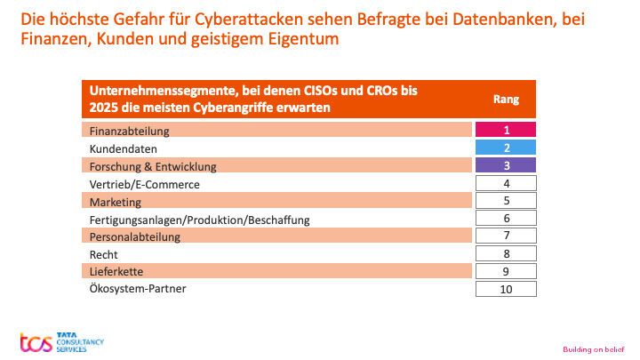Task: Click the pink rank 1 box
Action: (506, 131)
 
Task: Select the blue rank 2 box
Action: (506, 148)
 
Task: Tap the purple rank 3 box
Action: (506, 166)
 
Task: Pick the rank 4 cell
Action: (506, 184)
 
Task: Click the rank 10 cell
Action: (506, 289)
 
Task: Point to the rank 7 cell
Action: (506, 236)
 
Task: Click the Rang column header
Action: (506, 100)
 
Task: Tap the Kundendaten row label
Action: (124, 149)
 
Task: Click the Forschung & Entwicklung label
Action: (152, 166)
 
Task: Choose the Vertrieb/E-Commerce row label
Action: (144, 184)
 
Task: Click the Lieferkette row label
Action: (116, 271)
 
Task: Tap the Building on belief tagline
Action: (595, 348)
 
